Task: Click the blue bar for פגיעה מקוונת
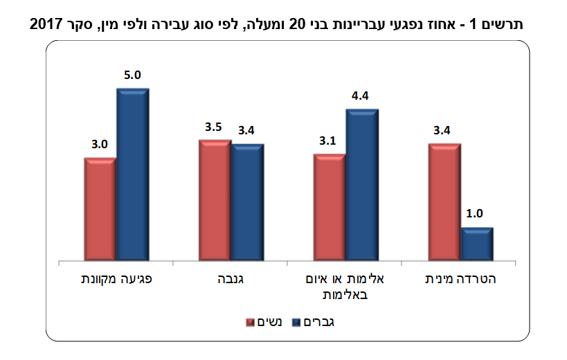point(132,175)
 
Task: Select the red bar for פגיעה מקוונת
point(100,210)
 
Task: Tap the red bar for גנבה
point(215,201)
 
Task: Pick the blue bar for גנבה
point(247,203)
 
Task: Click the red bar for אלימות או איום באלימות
point(330,208)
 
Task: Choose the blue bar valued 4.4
point(362,186)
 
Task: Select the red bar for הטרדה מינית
point(444,203)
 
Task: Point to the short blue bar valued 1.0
point(477,244)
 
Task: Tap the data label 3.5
point(213,127)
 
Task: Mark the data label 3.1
point(328,141)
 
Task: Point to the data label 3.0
point(99,145)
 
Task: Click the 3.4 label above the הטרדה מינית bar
point(443,130)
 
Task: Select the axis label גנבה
point(229,280)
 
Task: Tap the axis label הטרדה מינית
point(460,280)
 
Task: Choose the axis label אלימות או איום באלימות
point(345,287)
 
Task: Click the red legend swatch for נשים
point(251,322)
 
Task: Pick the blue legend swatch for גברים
point(297,322)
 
